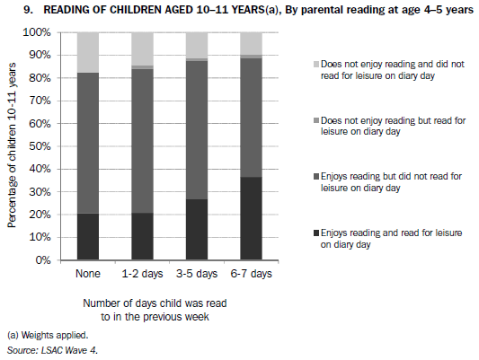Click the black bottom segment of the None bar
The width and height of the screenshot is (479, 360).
[88, 237]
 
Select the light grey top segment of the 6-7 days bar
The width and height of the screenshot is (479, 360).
[252, 43]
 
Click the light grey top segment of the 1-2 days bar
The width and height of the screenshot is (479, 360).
[143, 48]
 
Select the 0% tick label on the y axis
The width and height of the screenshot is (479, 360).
[43, 261]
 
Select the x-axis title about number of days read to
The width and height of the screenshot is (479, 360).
[154, 310]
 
